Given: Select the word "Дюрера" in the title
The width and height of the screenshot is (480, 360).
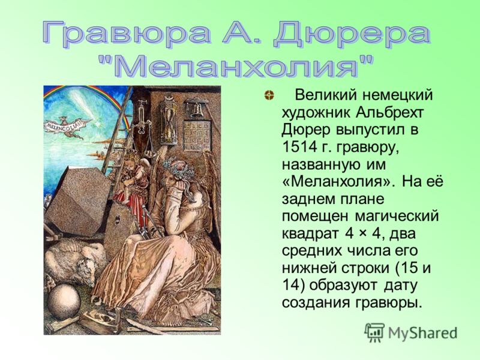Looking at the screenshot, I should [353, 33].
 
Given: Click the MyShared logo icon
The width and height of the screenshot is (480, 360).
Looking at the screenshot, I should [374, 332].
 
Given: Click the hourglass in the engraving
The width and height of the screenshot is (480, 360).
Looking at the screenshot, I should [170, 125].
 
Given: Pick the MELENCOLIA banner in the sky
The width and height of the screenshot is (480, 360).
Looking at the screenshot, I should [64, 125].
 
